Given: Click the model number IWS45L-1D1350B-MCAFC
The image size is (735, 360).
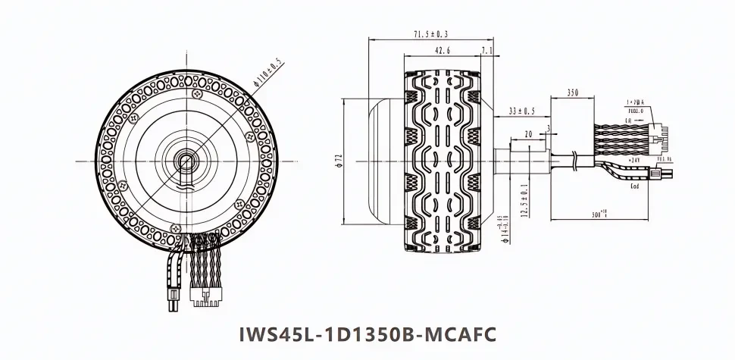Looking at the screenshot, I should tap(367, 333).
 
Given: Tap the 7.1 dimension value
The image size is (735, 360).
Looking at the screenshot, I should tap(486, 52).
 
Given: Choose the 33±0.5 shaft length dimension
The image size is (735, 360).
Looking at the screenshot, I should tap(521, 111).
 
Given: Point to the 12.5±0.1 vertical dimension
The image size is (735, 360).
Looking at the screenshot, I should tap(523, 200).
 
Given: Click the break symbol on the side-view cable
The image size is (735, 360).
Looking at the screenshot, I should tap(577, 161).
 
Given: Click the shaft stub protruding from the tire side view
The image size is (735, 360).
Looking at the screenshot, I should tap(521, 161).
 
